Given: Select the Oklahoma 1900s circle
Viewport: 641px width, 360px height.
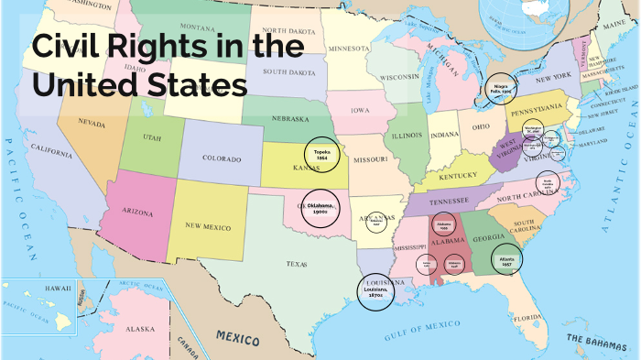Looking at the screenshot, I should pyautogui.click(x=320, y=208).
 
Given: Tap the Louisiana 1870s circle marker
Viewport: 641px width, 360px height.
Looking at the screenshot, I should pyautogui.click(x=375, y=292).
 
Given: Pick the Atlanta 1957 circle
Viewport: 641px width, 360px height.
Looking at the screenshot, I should pyautogui.click(x=507, y=259).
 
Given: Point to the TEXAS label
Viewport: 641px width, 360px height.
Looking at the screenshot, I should pyautogui.click(x=297, y=265).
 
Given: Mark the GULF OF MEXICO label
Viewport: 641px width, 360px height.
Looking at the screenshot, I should pyautogui.click(x=422, y=326).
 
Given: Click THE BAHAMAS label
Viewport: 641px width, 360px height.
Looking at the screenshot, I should pyautogui.click(x=595, y=339).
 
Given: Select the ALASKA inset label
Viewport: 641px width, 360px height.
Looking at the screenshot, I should pyautogui.click(x=141, y=328).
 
